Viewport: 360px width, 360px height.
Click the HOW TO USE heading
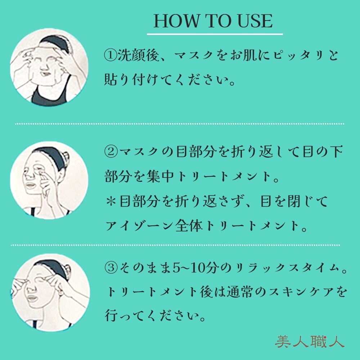click(213, 21)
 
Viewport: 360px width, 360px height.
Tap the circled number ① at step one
click(109, 56)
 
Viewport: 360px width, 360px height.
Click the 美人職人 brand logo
click(309, 341)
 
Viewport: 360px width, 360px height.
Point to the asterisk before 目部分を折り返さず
click(109, 202)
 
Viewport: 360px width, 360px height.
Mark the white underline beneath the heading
click(215, 34)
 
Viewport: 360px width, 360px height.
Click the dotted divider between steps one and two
click(180, 123)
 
